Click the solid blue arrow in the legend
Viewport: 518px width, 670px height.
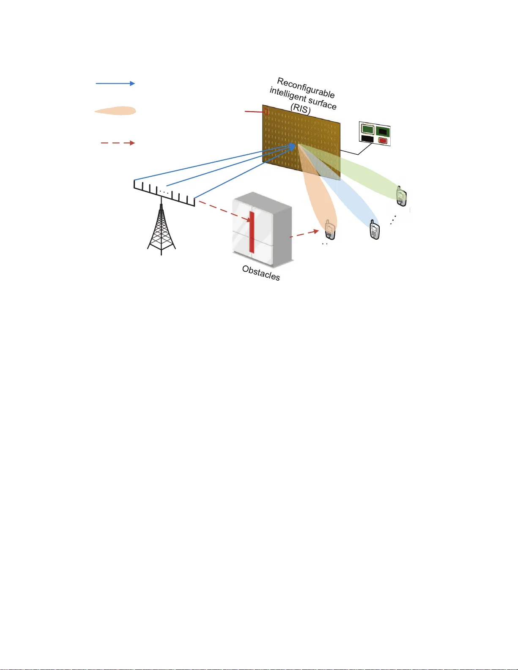click(x=115, y=84)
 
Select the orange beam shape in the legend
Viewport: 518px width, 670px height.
click(x=115, y=111)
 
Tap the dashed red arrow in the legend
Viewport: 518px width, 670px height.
click(x=118, y=143)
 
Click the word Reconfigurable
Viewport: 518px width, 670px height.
click(x=306, y=88)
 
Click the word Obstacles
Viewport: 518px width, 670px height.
click(x=261, y=273)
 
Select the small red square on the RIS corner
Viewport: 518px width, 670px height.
click(x=266, y=112)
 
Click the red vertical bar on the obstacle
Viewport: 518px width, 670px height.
click(x=252, y=232)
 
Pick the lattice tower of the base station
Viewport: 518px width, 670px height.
click(x=161, y=230)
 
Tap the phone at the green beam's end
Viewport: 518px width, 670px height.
click(x=401, y=196)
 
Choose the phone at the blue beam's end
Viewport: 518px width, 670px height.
click(x=374, y=230)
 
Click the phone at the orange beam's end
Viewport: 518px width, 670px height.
click(x=329, y=230)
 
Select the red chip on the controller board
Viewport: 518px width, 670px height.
click(x=383, y=140)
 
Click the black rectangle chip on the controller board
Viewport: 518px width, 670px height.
click(x=367, y=139)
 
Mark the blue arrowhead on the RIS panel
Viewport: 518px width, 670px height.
click(x=292, y=146)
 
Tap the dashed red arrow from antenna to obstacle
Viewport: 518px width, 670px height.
click(x=224, y=211)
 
